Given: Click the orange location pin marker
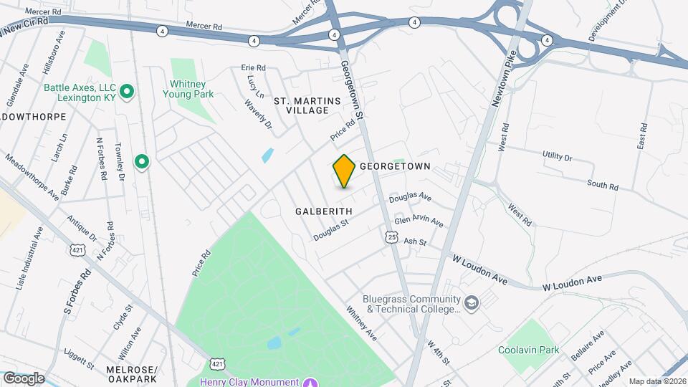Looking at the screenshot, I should coord(344,171).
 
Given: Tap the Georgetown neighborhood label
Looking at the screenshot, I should coord(394,166).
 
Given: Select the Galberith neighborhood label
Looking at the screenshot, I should coord(323,211).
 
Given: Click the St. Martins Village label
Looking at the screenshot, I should coord(307,106).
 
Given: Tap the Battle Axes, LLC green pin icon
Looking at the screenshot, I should coord(127,91).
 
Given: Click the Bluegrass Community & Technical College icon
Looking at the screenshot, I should coord(471,303).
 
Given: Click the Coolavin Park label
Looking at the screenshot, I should coord(528,350).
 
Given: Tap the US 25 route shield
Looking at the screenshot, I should coord(391,236).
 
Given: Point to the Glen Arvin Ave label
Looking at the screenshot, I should coord(419,222).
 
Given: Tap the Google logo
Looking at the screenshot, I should coord(24,378).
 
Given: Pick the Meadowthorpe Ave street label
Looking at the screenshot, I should coord(33,175).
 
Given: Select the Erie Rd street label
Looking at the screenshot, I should coord(254,68).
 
